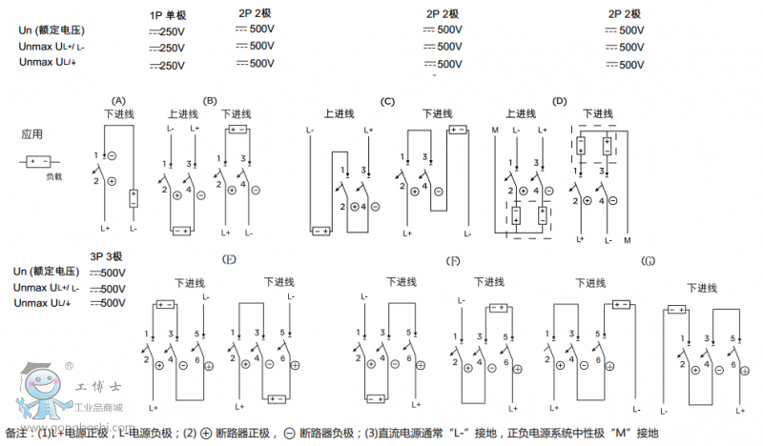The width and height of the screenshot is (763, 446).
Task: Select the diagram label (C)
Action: tap(387, 101)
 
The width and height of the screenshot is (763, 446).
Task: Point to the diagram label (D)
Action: tap(560, 101)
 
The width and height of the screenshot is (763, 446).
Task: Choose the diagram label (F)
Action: tap(453, 260)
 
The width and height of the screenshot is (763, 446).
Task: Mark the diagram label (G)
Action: tap(649, 260)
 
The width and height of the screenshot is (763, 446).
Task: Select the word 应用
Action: tap(32, 134)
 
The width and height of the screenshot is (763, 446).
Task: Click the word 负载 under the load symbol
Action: tap(53, 177)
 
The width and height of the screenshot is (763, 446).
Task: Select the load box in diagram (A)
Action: tap(134, 197)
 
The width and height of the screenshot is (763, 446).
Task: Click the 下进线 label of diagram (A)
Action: tap(119, 114)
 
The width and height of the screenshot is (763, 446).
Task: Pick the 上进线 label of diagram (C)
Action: tap(340, 114)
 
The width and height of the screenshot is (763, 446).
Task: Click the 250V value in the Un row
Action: tap(169, 31)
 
